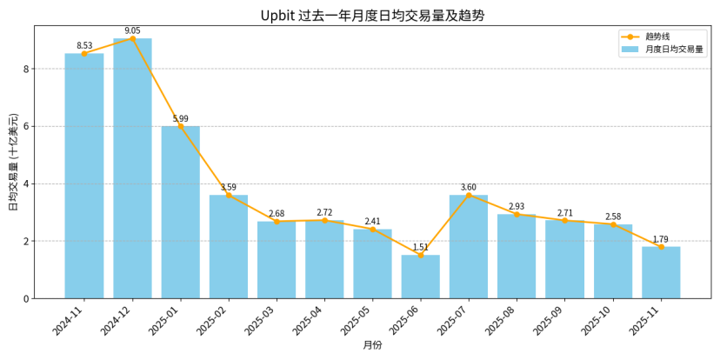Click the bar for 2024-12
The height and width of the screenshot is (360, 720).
132,169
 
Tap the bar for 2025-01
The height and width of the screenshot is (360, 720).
180,212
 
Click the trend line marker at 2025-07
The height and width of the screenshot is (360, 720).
469,195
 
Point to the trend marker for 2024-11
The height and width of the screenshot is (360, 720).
84,54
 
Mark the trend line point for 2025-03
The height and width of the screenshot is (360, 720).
277,222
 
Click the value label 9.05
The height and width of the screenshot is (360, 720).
132,30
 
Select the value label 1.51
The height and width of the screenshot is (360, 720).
421,247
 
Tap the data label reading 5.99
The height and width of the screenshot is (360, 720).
180,118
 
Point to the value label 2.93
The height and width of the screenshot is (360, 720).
517,206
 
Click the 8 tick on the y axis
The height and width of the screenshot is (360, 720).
26,69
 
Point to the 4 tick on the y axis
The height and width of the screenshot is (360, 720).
26,183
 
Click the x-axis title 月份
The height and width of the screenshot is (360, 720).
372,345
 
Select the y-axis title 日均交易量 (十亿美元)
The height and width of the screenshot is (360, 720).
13,162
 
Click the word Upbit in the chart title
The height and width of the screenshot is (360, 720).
277,16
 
